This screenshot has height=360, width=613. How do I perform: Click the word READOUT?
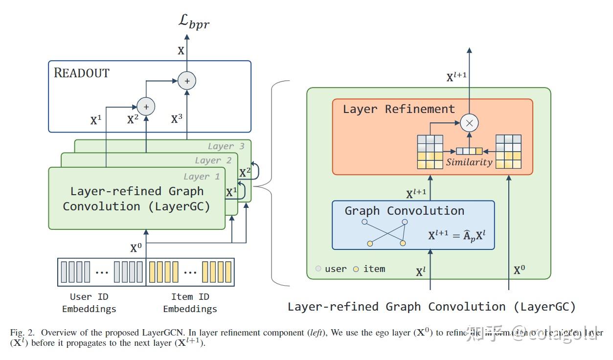tap(81, 73)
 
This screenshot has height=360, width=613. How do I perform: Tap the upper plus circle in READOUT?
tap(186, 80)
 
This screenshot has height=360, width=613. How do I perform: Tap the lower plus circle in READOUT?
tap(145, 106)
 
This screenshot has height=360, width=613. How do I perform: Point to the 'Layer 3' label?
tap(226, 146)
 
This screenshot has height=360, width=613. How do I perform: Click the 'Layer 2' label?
tap(213, 160)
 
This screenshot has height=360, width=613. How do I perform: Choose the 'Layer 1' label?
tap(202, 177)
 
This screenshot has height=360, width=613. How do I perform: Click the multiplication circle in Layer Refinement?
tap(469, 123)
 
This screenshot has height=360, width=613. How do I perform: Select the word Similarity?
tap(469, 162)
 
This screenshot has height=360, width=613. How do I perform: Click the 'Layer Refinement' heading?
tap(398, 109)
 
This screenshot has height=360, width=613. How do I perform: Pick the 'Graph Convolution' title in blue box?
tap(404, 211)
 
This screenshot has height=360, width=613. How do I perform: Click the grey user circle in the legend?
tap(318, 269)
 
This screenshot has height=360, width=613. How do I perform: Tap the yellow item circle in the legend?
tap(356, 269)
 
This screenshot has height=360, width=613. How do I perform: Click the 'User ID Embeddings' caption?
tap(89, 303)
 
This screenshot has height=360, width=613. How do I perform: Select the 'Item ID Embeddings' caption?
tap(190, 303)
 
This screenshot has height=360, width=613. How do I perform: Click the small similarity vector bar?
tap(469, 151)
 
